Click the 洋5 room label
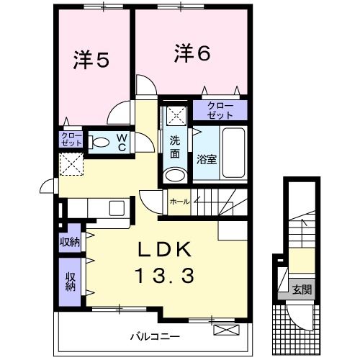pos(90,60)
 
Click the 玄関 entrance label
pos(302,290)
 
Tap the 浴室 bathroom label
pos(207,158)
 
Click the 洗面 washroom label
pos(175,148)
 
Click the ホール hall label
pos(179,202)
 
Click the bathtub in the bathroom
pos(233,152)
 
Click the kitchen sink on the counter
pos(114,208)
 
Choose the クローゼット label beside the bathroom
pos(220,111)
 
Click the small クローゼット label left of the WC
pos(71,139)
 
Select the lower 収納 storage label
pos(71,282)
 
